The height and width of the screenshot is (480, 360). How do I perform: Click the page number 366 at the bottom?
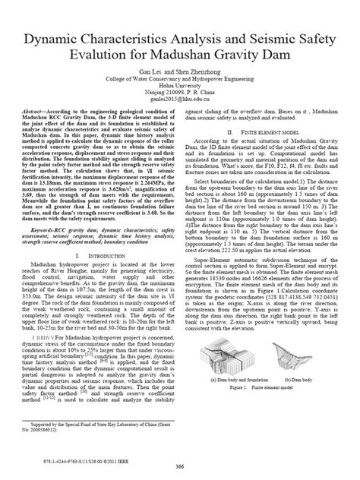coord(179,465)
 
